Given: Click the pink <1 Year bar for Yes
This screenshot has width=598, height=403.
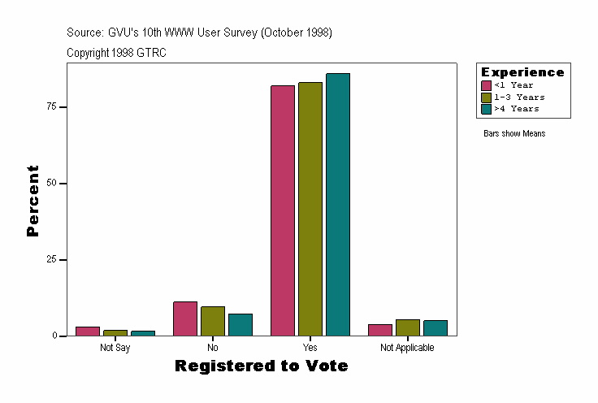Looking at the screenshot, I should pos(283,210).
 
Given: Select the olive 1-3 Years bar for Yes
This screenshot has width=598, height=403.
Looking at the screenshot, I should pos(310,209).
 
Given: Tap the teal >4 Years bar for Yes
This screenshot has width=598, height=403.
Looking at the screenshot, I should pos(338,205).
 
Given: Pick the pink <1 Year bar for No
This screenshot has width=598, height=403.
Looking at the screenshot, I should pos(185,318).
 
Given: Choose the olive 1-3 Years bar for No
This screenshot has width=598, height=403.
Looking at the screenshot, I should pos(213,321).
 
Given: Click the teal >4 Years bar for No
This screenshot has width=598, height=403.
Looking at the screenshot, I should pos(240,325).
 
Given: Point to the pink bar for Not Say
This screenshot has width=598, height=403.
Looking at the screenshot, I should pos(88,331).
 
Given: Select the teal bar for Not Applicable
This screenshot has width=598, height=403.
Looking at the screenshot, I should pos(435,328).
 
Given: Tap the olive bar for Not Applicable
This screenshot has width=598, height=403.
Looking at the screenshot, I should pos(408,327).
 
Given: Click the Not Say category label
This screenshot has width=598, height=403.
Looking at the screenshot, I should pos(115,348).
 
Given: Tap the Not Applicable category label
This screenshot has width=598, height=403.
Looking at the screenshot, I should pos(407,348).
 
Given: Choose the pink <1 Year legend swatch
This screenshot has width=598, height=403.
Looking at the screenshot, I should pos(487,85).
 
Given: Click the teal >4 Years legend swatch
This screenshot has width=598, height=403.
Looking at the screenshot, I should pos(487,109).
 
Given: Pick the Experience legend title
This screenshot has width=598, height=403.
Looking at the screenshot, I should pos(522,72).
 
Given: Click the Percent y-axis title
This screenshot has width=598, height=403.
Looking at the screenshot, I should pos(32,201).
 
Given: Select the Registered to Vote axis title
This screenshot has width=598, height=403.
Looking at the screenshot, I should pos(262,366).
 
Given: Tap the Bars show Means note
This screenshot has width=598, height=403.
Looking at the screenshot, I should pos(514,134).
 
